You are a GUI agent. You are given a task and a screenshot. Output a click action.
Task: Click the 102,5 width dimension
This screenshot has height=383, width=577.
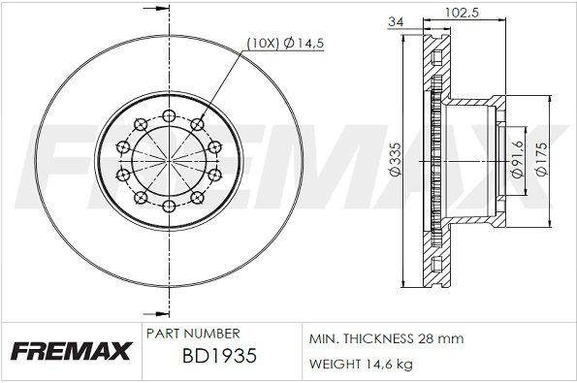coord(462,13)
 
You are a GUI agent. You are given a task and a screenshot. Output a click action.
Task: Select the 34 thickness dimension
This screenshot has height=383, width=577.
coord(396,21)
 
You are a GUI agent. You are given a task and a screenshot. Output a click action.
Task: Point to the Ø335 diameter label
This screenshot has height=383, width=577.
coord(396,160)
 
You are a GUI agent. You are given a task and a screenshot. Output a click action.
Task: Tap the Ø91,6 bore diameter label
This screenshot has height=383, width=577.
coord(518,159)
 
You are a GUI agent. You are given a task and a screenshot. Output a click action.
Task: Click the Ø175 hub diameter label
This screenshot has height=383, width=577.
coord(540,159)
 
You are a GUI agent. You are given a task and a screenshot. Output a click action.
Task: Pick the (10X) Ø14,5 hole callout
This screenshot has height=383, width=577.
coord(285,44)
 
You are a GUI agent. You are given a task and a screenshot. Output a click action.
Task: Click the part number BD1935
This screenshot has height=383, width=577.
coord(219,356)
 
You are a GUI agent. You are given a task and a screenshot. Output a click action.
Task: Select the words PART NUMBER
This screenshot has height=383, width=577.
coord(193,334)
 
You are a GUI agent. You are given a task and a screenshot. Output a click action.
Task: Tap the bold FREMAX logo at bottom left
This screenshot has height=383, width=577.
coord(72,351)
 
